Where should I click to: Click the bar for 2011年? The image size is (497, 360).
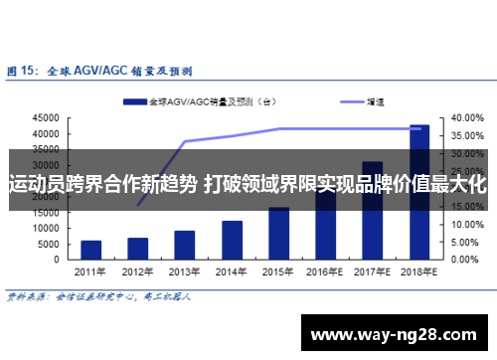(x=90, y=249)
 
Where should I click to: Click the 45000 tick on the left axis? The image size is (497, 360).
(x=46, y=117)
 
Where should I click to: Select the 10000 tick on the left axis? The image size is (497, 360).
(x=46, y=229)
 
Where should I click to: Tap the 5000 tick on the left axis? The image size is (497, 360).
(x=49, y=245)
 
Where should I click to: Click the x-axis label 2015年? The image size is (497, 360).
(x=278, y=271)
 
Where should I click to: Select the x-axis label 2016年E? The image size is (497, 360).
(x=325, y=271)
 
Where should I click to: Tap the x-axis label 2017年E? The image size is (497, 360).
(x=373, y=271)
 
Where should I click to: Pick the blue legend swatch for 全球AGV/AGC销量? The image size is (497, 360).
(x=135, y=101)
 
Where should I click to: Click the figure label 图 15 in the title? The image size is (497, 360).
(x=23, y=71)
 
